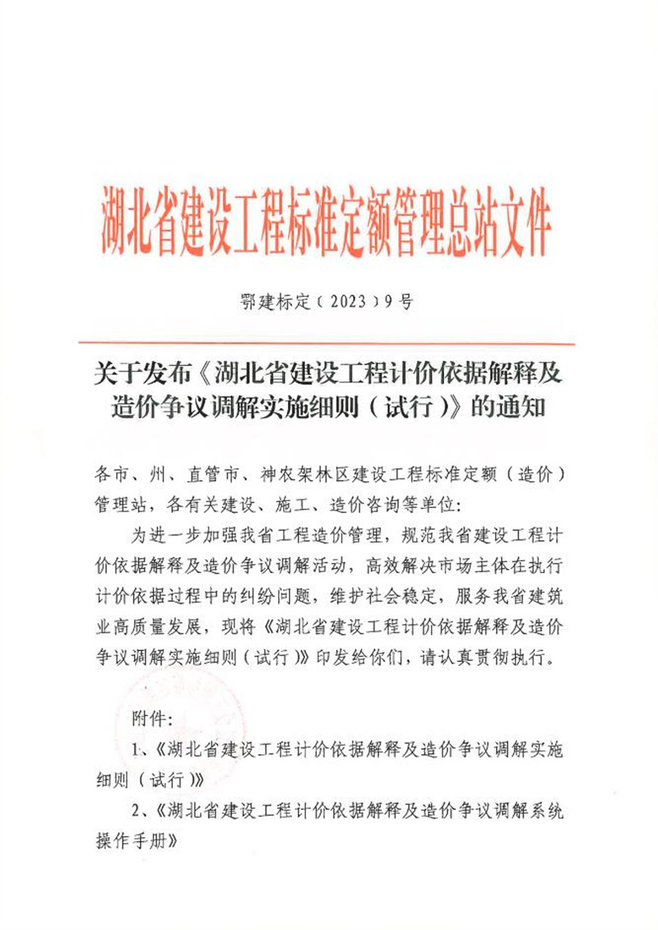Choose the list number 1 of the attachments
pos(137,749)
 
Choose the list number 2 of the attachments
pos(137,812)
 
